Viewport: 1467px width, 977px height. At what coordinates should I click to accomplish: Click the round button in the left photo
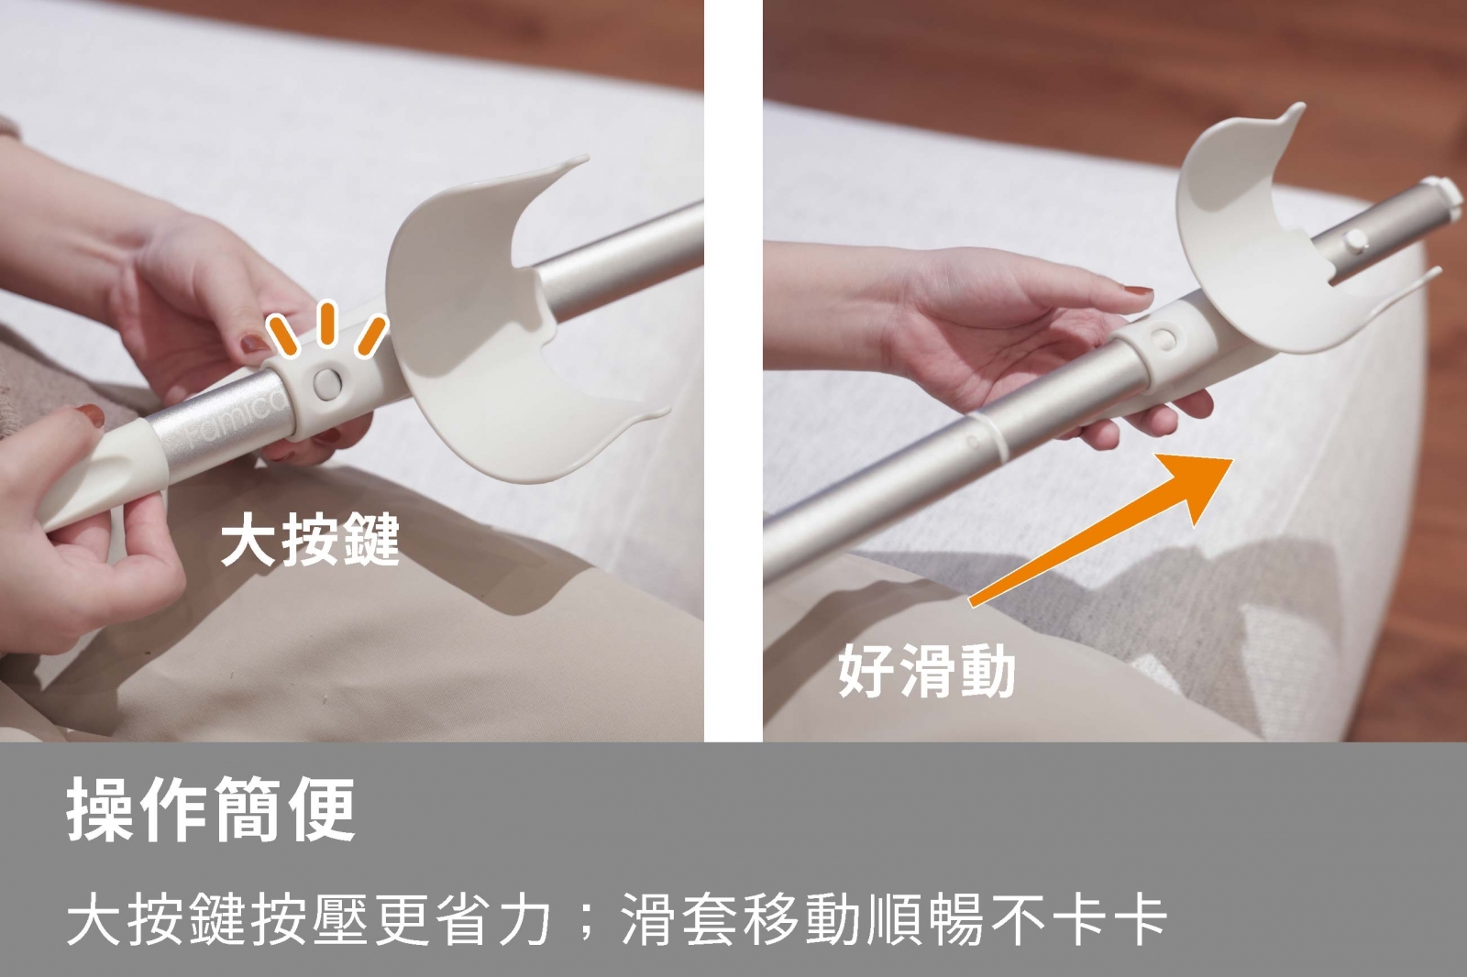[327, 383]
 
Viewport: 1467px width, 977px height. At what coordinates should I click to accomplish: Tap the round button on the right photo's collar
[1164, 339]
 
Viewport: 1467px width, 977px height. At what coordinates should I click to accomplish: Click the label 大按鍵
[310, 540]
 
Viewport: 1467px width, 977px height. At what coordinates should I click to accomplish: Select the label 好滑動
[927, 670]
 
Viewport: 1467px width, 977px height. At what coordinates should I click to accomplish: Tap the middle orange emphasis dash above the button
[327, 323]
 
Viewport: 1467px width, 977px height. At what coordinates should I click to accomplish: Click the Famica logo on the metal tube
[233, 425]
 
